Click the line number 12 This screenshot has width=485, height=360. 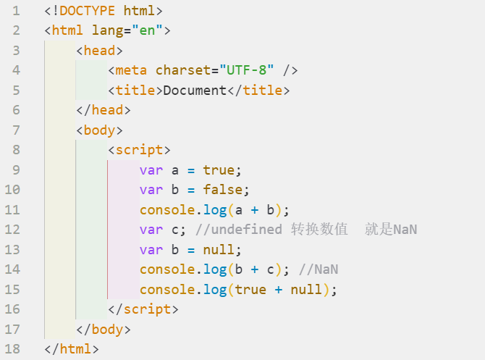[x=12, y=230]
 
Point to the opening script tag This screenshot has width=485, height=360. [x=139, y=150]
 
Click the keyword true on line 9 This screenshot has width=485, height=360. [x=219, y=170]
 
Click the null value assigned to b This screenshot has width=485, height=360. [x=219, y=250]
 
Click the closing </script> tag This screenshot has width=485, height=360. [x=143, y=309]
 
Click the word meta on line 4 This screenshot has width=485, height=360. [x=131, y=70]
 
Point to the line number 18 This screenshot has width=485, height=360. [x=12, y=349]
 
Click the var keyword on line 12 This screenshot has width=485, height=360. [x=151, y=230]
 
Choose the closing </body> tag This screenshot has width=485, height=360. [x=103, y=330]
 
